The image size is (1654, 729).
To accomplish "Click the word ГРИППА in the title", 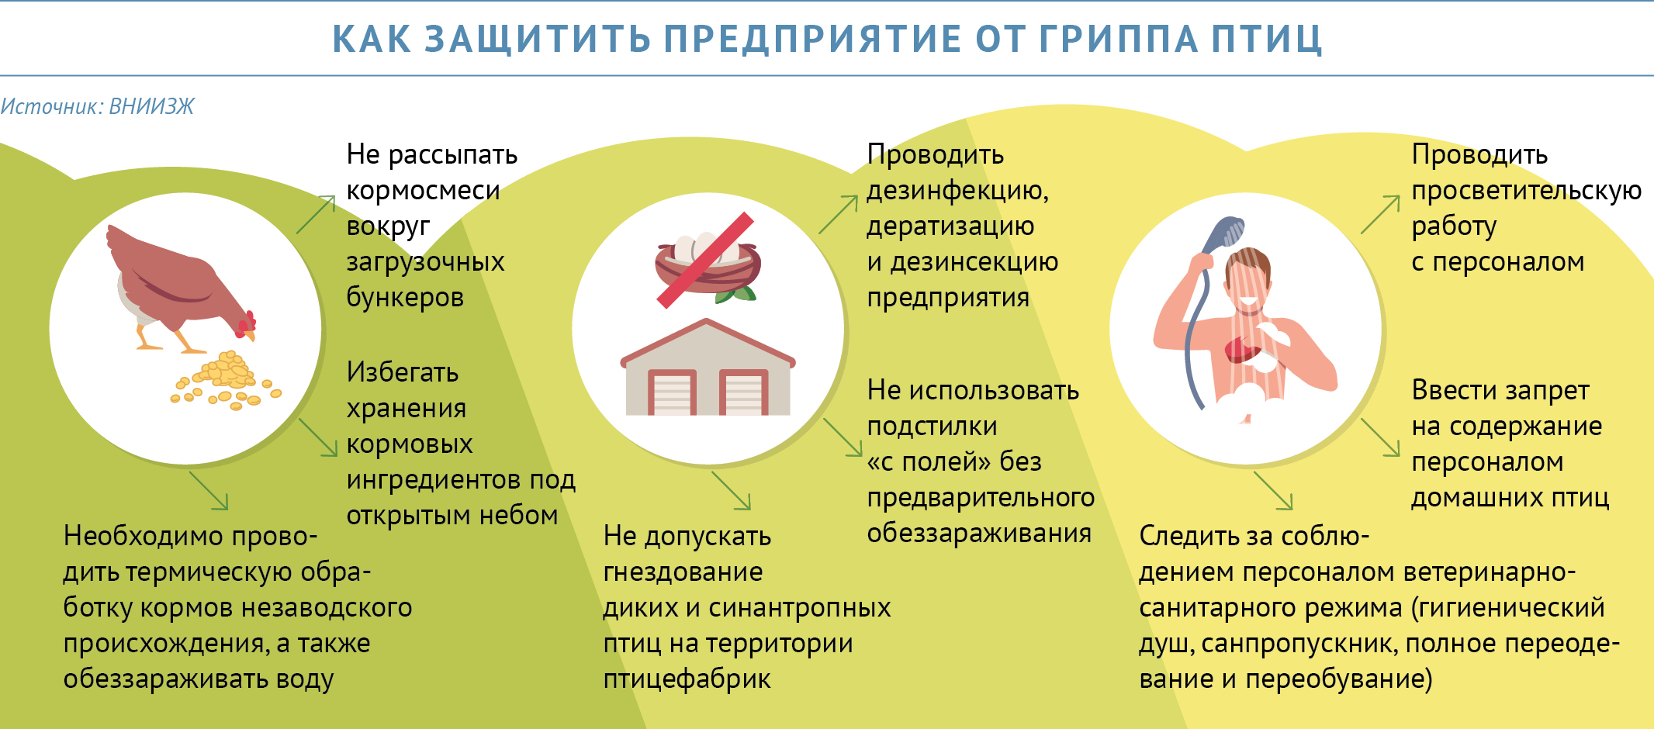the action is click(1119, 39).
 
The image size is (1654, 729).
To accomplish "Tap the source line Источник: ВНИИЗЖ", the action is click(97, 106).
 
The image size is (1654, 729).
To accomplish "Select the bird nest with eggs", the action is click(707, 266).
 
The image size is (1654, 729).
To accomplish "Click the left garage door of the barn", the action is click(672, 392).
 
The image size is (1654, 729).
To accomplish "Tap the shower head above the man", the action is click(1226, 233).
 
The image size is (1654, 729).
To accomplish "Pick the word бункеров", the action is click(405, 297).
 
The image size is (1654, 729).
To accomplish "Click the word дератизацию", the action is click(950, 226).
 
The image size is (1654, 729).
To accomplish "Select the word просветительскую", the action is click(1526, 191).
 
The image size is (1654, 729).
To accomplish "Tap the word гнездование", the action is click(683, 572).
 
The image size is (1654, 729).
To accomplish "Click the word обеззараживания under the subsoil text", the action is click(979, 534).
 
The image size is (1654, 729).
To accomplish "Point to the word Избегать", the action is click(402, 372).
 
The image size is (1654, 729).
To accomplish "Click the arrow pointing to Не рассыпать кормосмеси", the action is click(316, 214).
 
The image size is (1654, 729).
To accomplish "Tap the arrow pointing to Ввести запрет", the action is click(1380, 437).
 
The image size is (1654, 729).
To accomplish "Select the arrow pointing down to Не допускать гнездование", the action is click(731, 490).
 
